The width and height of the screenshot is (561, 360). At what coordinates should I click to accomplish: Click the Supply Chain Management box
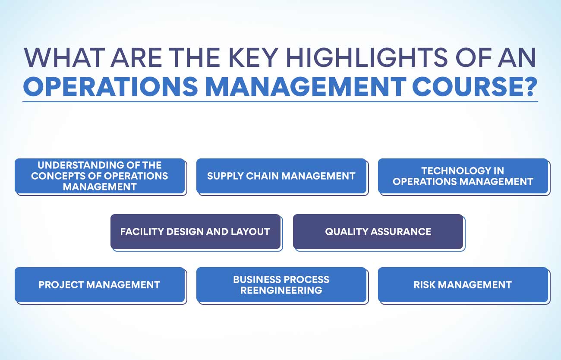pos(281,176)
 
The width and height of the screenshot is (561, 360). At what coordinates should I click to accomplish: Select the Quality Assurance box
pos(378,231)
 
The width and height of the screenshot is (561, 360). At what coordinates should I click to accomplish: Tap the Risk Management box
pos(463,285)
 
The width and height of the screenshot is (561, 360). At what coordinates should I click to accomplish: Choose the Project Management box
pos(100,285)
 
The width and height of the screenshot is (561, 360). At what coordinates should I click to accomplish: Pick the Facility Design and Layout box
pos(195,231)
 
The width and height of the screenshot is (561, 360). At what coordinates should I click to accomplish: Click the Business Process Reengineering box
pos(281,285)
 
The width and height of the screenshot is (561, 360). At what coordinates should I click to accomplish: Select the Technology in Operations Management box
pos(463,176)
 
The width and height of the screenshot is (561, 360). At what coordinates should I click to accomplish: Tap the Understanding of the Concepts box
pos(100,176)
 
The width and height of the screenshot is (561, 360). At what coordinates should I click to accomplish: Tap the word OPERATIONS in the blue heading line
pos(110,86)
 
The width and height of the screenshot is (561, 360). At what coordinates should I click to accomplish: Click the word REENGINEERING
pos(281,291)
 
